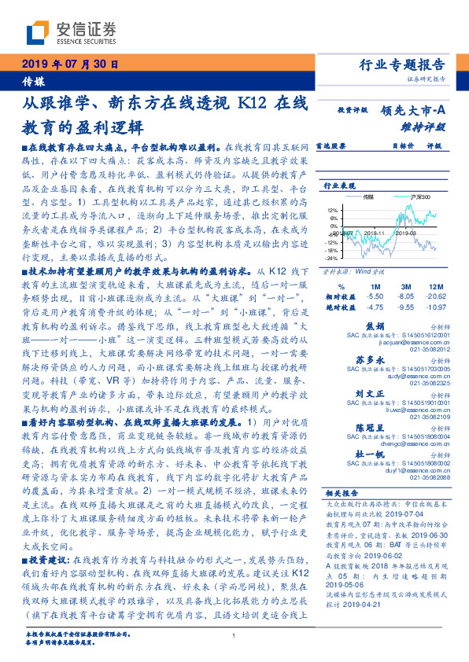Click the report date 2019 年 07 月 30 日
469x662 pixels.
69,64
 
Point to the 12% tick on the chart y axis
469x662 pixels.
334,210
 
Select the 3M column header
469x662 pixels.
405,285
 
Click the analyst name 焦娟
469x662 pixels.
397,325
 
